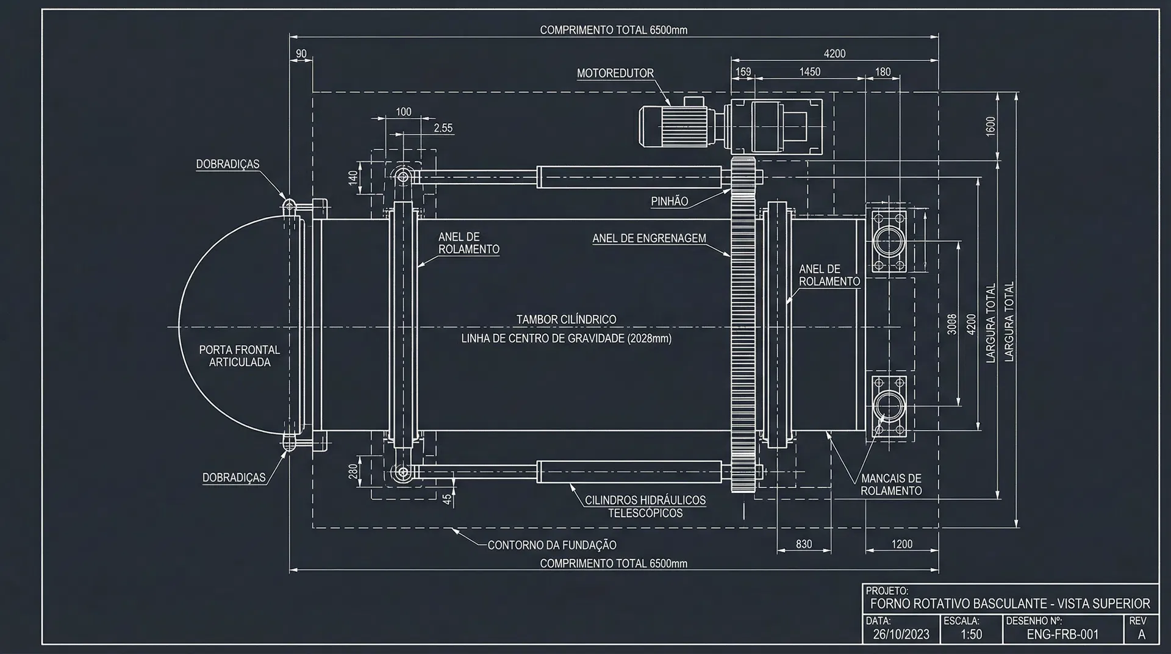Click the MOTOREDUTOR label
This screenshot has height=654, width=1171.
(x=615, y=73)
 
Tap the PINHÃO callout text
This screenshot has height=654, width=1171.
(x=669, y=201)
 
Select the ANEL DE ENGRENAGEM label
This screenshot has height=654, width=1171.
(x=649, y=239)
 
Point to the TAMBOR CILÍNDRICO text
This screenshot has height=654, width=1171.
(x=566, y=319)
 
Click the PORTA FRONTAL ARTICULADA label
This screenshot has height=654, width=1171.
(x=239, y=356)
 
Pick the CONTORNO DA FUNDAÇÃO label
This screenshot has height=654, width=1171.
(x=551, y=545)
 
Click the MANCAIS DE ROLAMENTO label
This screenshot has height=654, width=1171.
(x=890, y=484)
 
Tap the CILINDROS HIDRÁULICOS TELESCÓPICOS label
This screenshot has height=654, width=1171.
(x=645, y=506)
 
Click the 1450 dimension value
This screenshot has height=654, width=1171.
(x=809, y=72)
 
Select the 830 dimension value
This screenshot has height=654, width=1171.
(x=803, y=544)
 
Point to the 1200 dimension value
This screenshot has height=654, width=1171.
(x=901, y=544)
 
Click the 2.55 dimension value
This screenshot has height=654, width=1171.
(x=443, y=128)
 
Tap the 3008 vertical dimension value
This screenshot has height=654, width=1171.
(x=951, y=324)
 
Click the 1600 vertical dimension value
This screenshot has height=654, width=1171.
(x=990, y=126)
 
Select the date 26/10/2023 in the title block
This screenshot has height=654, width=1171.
(x=901, y=634)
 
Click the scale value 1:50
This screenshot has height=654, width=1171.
(x=971, y=634)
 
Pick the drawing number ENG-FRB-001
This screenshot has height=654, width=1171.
(x=1062, y=634)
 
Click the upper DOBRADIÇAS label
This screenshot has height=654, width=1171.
(x=227, y=164)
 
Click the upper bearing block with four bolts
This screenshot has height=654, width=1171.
(x=888, y=240)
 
